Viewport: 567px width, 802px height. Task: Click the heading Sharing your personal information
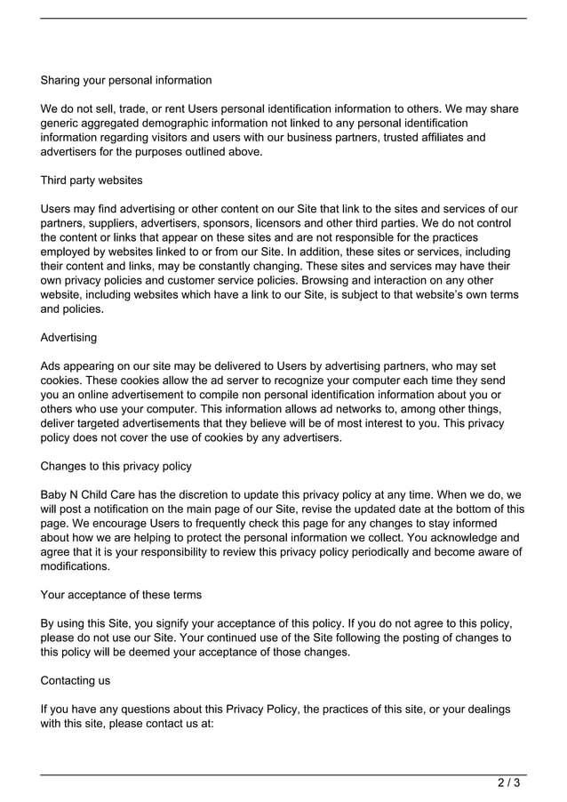click(126, 80)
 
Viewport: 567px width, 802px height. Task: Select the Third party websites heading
click(92, 180)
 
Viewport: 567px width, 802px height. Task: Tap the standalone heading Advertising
click(69, 338)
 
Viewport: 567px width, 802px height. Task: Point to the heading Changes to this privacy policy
click(116, 466)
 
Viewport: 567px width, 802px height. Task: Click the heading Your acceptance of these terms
click(121, 595)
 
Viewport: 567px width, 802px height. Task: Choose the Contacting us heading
click(80, 680)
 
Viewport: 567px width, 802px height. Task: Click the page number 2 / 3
click(509, 783)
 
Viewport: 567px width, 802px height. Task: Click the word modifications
click(76, 565)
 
